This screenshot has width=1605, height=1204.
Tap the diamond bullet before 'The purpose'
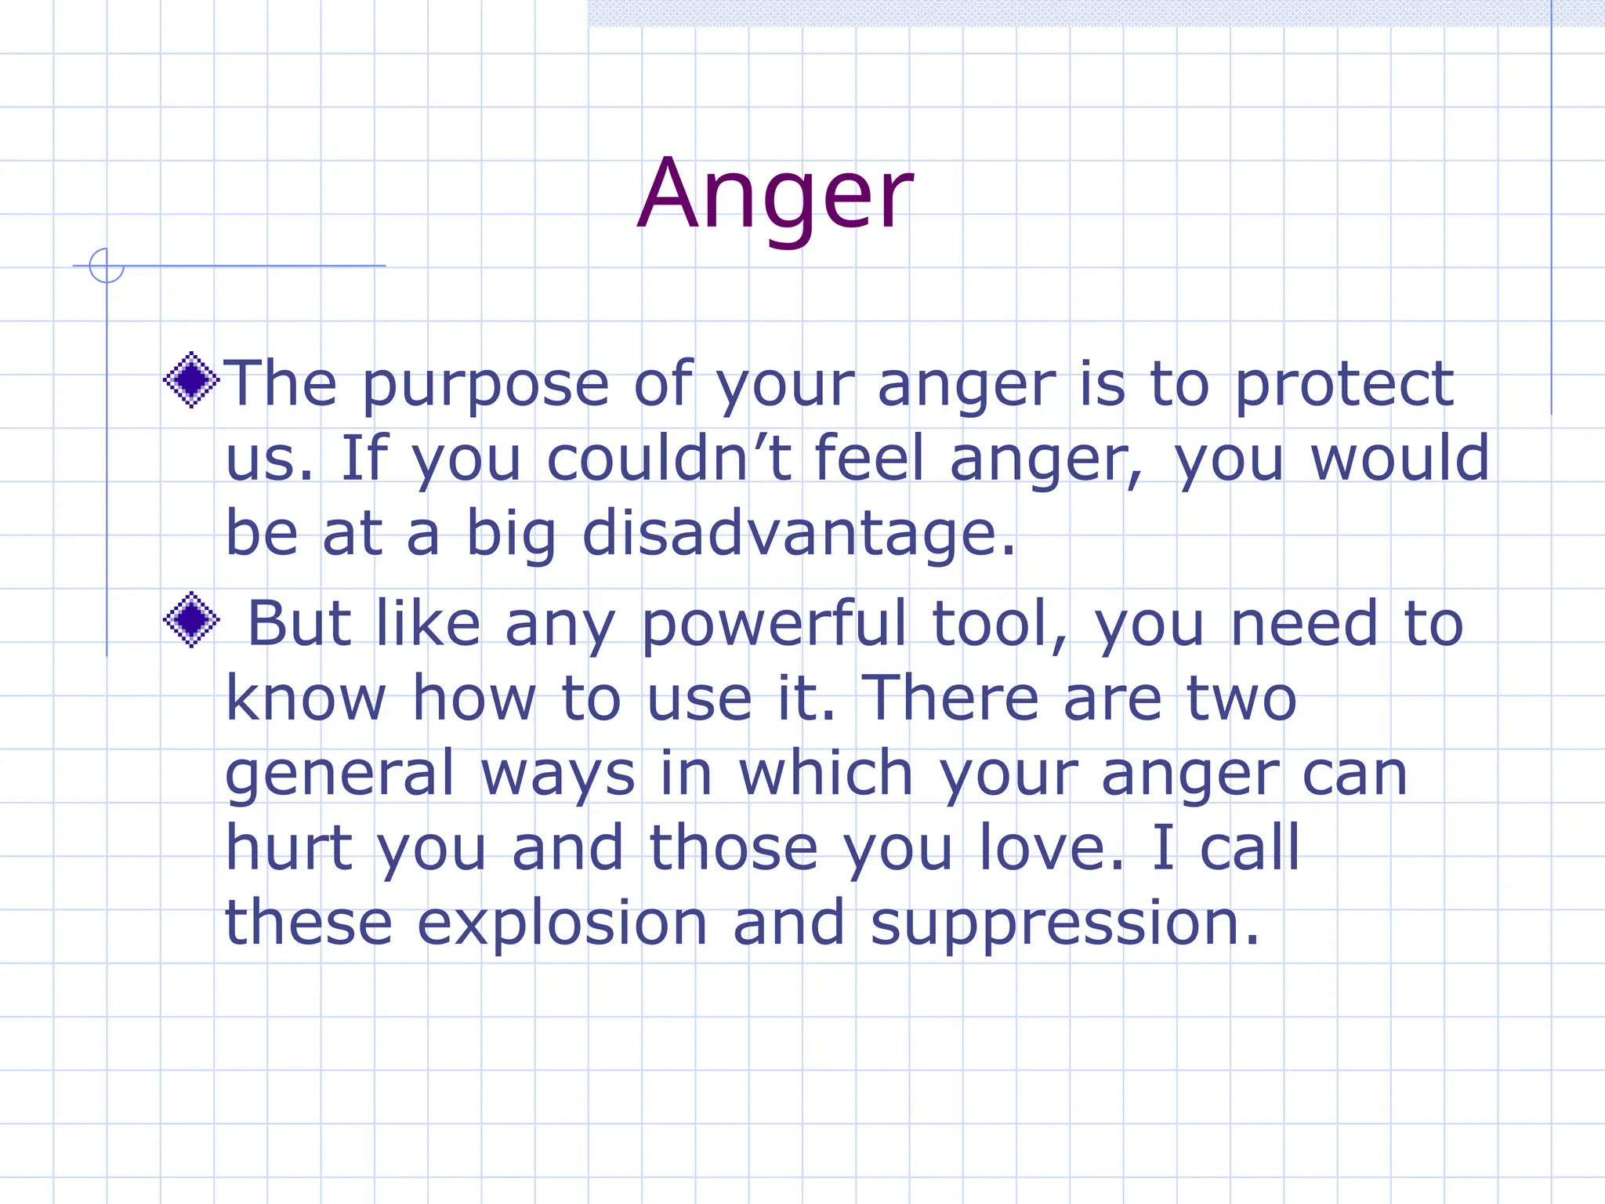191,380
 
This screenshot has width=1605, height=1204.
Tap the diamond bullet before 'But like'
191,620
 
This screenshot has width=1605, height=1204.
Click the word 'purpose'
485,386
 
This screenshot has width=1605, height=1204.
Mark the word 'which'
826,773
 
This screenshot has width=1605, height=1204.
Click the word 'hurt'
288,848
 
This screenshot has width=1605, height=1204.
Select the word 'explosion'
562,925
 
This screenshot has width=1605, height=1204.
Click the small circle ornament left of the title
107,266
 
